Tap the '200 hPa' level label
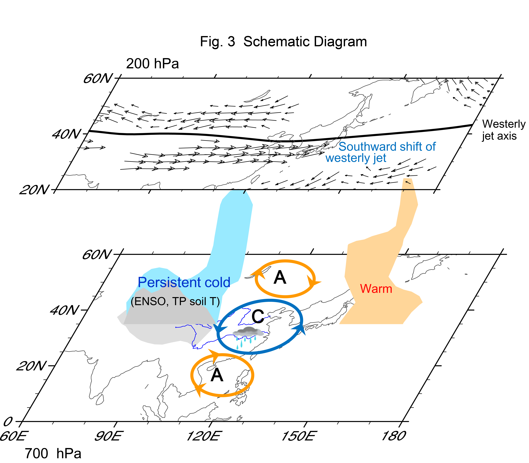(152, 64)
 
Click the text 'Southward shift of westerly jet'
(380, 152)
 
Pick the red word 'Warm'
(376, 289)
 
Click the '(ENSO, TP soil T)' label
(175, 301)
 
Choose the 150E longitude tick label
(298, 436)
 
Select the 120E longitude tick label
(203, 436)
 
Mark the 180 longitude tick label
(393, 436)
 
